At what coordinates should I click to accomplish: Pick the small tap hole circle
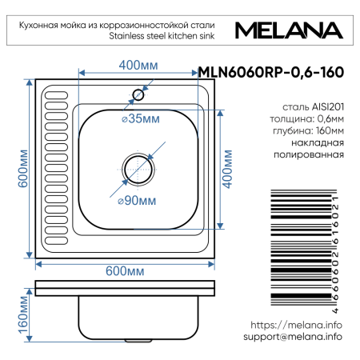tap(138, 95)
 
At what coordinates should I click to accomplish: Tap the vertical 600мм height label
tap(23, 170)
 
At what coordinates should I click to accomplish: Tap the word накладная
tap(318, 143)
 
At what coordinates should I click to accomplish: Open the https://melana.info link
tap(296, 326)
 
